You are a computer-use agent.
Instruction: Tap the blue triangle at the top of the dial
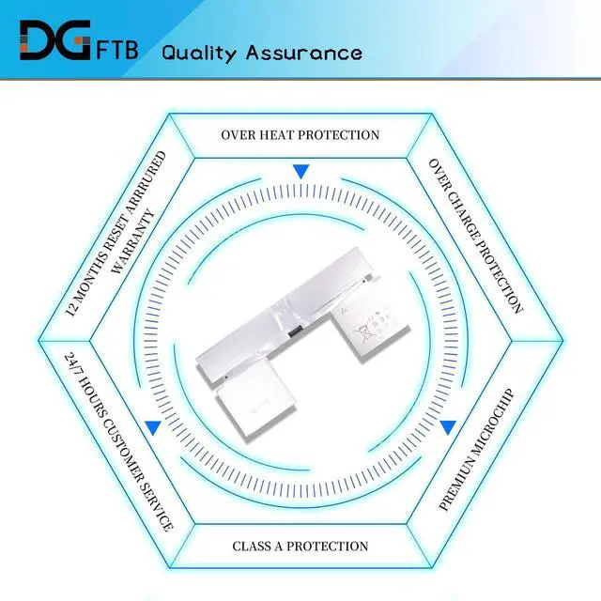point(300,172)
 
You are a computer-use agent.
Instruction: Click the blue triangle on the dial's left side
point(153,427)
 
